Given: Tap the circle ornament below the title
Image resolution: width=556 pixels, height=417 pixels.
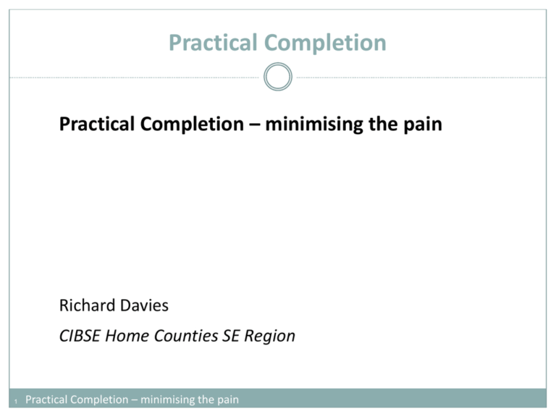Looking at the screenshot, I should (278, 77).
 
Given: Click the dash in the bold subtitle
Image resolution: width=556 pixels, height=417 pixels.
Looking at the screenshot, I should (250, 125).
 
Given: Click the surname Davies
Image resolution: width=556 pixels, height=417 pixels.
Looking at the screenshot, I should (144, 306).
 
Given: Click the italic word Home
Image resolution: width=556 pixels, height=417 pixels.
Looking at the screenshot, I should (128, 336).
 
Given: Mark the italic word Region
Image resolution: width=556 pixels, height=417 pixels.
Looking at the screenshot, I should (269, 336).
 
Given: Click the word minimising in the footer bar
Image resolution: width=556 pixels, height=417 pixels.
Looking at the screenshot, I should (172, 399).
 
